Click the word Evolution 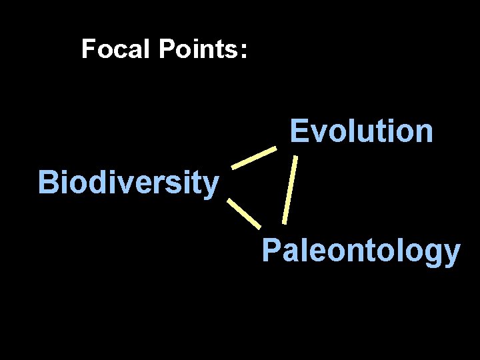tap(361, 131)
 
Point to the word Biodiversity tap(128, 182)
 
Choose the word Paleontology tap(361, 251)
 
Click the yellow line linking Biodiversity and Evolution tap(253, 157)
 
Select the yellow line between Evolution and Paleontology tap(289, 190)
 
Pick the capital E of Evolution tap(299, 131)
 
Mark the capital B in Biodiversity tap(48, 181)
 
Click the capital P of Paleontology tap(271, 251)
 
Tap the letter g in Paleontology tap(436, 254)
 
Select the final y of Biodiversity tap(211, 185)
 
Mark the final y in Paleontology tap(453, 255)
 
